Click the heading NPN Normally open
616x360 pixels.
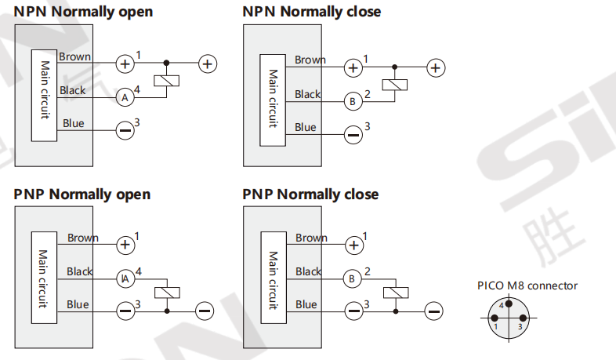[83, 12]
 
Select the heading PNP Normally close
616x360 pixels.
[310, 194]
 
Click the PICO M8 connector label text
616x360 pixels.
[527, 285]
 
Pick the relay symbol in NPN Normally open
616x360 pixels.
[166, 80]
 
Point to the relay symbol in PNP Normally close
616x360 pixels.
[395, 293]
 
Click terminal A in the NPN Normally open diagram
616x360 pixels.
[125, 97]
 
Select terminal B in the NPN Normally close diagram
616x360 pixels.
[353, 101]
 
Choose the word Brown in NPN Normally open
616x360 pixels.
[74, 56]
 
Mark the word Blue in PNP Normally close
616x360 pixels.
[306, 304]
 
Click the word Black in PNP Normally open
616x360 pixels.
[80, 271]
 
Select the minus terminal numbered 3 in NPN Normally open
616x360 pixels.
[125, 130]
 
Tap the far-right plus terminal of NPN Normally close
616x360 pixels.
[436, 68]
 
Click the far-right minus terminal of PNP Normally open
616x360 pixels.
[205, 311]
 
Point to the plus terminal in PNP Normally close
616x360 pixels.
[354, 245]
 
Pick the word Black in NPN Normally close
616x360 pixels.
[308, 94]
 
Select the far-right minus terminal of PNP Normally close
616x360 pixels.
[433, 311]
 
